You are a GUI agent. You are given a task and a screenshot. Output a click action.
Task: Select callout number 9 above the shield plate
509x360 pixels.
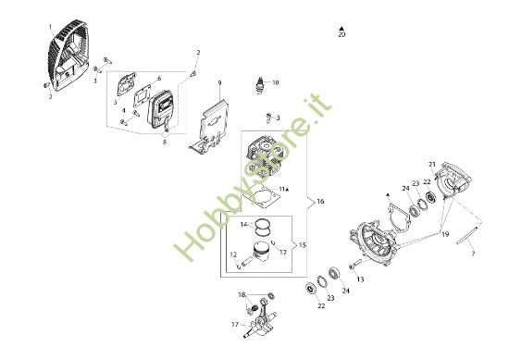(219, 83)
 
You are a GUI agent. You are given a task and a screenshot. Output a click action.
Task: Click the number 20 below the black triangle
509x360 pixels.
(342, 36)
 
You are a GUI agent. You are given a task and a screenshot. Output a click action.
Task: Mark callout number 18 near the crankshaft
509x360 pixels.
(242, 294)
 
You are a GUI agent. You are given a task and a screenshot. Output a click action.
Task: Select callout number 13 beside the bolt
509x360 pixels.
(361, 279)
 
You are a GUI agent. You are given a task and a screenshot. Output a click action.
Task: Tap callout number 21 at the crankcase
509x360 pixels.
(457, 165)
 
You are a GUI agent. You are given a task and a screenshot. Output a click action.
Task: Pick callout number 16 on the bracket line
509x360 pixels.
(320, 201)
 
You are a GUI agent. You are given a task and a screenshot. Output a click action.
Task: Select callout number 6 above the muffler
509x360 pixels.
(158, 80)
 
